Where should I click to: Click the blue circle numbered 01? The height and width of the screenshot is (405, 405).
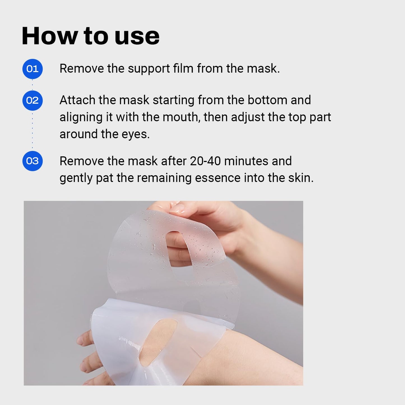pos(33,69)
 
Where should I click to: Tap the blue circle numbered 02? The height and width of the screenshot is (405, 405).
pos(33,100)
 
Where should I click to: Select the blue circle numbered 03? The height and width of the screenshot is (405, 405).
pos(33,161)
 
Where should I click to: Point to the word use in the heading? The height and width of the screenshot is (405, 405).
pos(137,36)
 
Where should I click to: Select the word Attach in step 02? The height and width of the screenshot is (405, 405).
pos(77,100)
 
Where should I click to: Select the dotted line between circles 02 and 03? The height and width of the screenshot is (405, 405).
pos(33,130)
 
